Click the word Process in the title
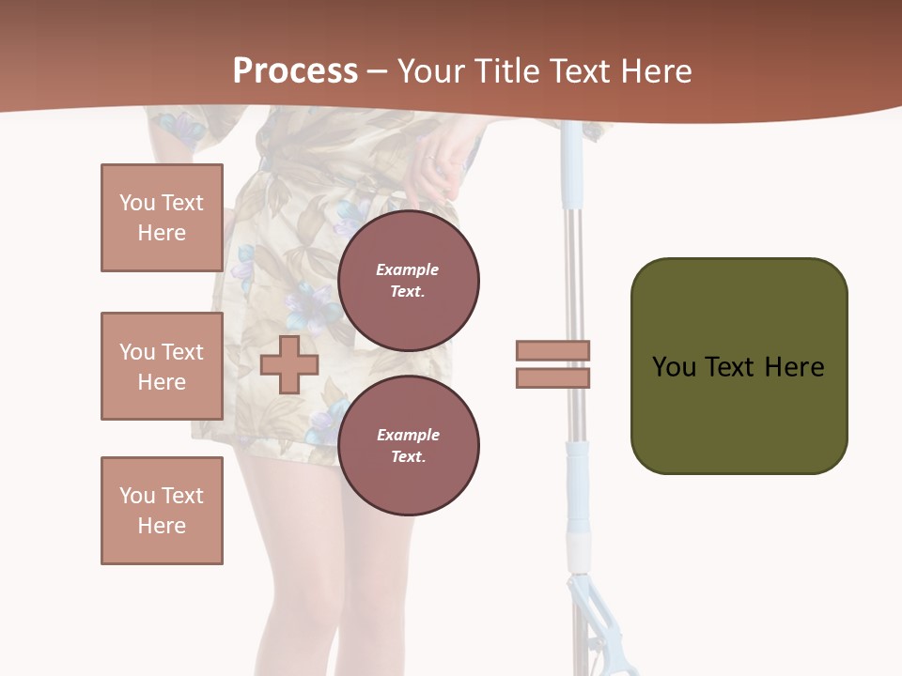(295, 70)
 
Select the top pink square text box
(162, 218)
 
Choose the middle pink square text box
(162, 366)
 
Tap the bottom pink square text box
(162, 511)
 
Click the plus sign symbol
(289, 364)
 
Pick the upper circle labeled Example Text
(409, 280)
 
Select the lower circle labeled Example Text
(409, 445)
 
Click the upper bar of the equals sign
(552, 350)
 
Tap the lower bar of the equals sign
(552, 378)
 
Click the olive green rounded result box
(739, 366)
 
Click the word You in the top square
(136, 203)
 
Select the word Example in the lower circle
(408, 435)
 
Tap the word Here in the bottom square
(162, 526)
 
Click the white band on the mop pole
(579, 544)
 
